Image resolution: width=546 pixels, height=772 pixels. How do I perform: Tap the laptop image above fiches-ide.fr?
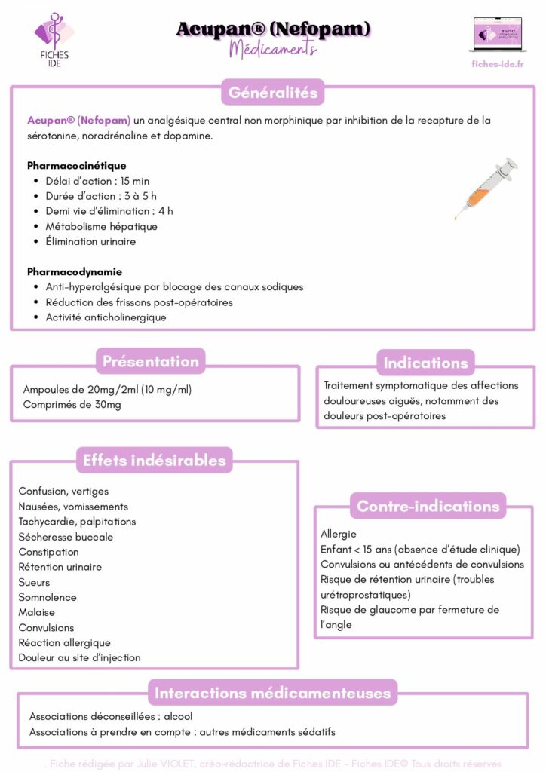coord(498,35)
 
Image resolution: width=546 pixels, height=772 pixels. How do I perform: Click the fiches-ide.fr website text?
coord(498,64)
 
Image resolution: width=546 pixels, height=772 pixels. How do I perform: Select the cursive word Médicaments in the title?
coord(273,50)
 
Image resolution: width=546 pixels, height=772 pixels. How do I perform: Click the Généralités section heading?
coord(273,93)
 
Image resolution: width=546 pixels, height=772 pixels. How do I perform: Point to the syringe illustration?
coord(486,188)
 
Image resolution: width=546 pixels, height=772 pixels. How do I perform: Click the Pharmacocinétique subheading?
coord(77,165)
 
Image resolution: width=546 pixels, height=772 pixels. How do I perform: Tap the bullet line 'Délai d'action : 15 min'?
coord(97,181)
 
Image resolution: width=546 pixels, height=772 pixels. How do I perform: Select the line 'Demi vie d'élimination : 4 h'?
coord(109,211)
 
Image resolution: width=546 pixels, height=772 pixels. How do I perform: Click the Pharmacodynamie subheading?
coord(75,271)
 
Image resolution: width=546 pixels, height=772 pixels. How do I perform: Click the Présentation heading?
coord(151,361)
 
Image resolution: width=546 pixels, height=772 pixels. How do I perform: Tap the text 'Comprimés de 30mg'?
coord(72,404)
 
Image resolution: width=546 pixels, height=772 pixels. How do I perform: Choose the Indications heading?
coord(426,363)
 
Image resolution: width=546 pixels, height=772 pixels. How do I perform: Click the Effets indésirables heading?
coord(155,460)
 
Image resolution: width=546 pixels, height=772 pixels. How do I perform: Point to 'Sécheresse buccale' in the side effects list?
coord(66,537)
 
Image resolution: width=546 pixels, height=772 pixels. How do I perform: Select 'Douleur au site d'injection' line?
coord(80,657)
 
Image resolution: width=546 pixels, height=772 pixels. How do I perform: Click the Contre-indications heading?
coord(428,506)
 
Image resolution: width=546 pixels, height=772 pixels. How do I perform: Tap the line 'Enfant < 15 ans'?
coord(420,549)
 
